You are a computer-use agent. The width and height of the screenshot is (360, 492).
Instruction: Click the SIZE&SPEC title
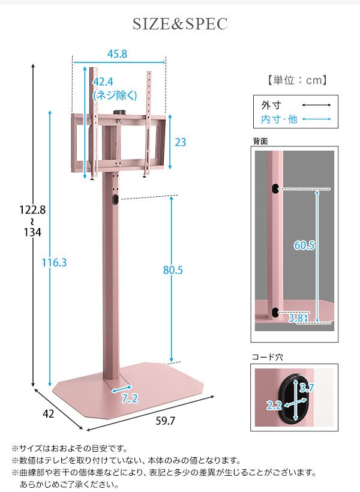[180, 24]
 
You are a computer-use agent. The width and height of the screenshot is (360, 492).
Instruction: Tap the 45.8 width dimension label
[117, 54]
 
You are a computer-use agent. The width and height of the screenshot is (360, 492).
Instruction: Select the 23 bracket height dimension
[180, 142]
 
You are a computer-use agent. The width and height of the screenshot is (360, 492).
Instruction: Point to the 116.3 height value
[54, 263]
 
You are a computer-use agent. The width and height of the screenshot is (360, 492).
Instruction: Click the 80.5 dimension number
[173, 270]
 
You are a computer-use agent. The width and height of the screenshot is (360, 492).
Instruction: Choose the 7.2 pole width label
[130, 398]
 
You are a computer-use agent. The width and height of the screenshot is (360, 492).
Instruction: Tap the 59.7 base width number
[166, 421]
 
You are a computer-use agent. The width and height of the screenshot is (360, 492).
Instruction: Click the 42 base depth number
[49, 414]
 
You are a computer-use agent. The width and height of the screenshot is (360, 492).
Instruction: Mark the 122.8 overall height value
[32, 209]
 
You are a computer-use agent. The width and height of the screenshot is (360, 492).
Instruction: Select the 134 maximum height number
[32, 232]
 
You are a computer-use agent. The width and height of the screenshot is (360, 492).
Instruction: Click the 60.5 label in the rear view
[304, 245]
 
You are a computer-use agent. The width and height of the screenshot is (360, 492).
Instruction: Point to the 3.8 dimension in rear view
[296, 318]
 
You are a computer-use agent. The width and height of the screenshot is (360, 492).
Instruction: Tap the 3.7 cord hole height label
[307, 388]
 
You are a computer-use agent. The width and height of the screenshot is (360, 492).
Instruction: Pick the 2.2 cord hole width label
[274, 406]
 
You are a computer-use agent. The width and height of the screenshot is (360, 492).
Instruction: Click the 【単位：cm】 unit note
[297, 80]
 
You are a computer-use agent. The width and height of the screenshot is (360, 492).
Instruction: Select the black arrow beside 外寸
[316, 105]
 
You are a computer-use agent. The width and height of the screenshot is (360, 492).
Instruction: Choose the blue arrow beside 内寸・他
[316, 119]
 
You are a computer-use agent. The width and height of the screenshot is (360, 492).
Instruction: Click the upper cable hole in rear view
[275, 188]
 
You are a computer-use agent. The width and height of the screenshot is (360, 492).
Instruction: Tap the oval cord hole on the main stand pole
[115, 200]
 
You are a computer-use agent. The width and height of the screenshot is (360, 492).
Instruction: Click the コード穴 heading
[268, 357]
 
